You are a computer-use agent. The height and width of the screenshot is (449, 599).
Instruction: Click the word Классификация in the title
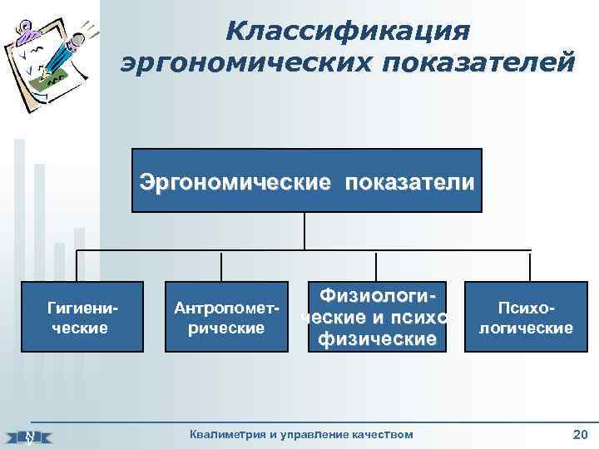pyautogui.click(x=347, y=31)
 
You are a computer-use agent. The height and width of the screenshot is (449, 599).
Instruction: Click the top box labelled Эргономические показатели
pyautogui.click(x=307, y=180)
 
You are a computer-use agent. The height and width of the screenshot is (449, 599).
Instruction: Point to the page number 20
pyautogui.click(x=580, y=434)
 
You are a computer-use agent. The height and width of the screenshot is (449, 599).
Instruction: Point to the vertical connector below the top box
pyautogui.click(x=305, y=230)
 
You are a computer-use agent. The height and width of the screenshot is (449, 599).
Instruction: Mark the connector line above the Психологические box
pyautogui.click(x=529, y=265)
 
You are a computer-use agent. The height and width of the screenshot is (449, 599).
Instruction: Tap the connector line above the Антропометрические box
pyautogui.click(x=221, y=265)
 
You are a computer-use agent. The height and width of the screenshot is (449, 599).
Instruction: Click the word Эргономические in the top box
pyautogui.click(x=235, y=181)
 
